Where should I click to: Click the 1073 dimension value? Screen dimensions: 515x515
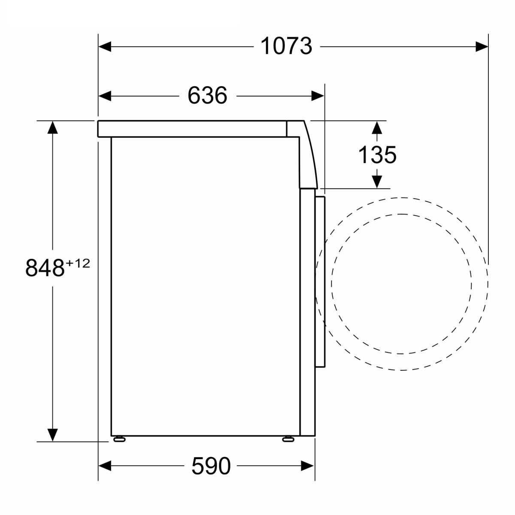tap(286, 46)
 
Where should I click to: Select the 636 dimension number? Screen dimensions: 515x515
tap(207, 96)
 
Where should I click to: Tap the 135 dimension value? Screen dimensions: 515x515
tap(377, 155)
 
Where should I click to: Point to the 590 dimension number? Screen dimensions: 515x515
tap(211, 466)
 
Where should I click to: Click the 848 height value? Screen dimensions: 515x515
tap(45, 268)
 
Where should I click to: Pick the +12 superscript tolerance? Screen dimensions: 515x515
tap(78, 264)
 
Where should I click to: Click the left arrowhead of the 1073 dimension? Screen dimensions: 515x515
tap(105, 47)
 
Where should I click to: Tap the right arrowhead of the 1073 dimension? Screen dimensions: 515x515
tap(482, 47)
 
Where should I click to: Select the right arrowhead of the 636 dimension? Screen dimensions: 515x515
tap(318, 96)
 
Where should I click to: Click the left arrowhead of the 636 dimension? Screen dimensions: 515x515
tap(105, 96)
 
